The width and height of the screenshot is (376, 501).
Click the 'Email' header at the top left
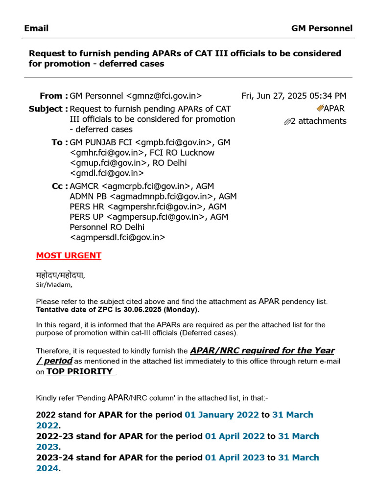tap(36, 28)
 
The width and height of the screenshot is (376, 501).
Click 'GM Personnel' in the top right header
tap(322, 28)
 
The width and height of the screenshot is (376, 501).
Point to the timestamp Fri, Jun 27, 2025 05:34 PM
tap(294, 96)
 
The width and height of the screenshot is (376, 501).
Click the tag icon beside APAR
tap(320, 108)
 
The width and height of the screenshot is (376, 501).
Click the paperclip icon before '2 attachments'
tap(287, 122)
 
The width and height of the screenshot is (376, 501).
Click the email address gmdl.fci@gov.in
tap(107, 173)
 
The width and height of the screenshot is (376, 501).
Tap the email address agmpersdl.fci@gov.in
tap(117, 238)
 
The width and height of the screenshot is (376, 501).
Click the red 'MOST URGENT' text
tap(69, 255)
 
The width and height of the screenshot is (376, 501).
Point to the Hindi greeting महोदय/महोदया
tap(64, 275)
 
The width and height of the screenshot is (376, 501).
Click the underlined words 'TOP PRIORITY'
tap(80, 371)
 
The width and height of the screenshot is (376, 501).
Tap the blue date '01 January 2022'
tap(221, 415)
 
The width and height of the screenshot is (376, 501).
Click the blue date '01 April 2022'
tap(235, 436)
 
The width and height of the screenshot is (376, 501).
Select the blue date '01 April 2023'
tap(235, 458)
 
